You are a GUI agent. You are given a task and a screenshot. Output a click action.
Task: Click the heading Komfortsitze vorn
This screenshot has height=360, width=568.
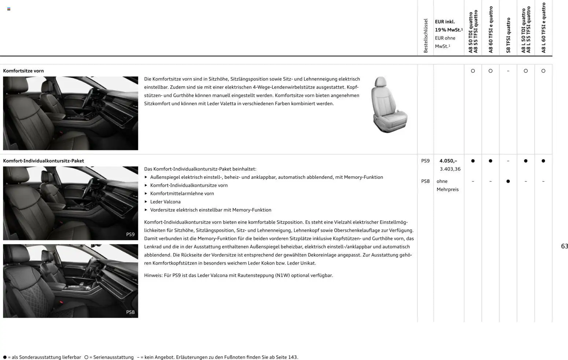pyautogui.click(x=23, y=71)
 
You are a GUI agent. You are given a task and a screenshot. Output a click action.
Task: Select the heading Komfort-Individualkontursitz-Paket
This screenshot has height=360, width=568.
pyautogui.click(x=44, y=161)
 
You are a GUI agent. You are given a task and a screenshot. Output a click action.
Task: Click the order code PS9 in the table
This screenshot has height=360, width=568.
pyautogui.click(x=425, y=161)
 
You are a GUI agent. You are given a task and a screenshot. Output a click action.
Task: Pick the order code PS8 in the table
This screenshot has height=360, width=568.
pyautogui.click(x=425, y=181)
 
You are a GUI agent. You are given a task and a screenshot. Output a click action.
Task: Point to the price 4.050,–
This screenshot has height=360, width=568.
pyautogui.click(x=448, y=161)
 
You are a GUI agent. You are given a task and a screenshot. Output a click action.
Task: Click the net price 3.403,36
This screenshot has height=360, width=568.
pyautogui.click(x=450, y=169)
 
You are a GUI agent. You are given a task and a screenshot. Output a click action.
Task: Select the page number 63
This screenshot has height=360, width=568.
pyautogui.click(x=564, y=246)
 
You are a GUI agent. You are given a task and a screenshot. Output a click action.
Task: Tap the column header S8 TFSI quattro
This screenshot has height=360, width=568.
pyautogui.click(x=508, y=35)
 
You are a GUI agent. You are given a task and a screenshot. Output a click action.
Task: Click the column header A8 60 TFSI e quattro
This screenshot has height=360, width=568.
pyautogui.click(x=491, y=30)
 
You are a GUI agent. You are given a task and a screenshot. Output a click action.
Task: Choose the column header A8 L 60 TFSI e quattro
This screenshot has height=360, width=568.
pyautogui.click(x=543, y=28)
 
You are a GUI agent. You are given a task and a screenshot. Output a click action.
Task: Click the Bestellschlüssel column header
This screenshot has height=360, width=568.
pyautogui.click(x=425, y=36)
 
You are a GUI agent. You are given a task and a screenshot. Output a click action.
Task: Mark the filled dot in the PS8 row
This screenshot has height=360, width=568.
pyautogui.click(x=508, y=181)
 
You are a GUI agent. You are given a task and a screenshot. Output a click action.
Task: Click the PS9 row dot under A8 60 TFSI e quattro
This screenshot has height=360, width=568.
pyautogui.click(x=490, y=161)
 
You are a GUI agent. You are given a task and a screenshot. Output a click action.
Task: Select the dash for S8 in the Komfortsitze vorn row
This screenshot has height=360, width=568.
pyautogui.click(x=508, y=71)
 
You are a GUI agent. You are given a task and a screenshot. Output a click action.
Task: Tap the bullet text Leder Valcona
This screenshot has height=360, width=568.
pyautogui.click(x=165, y=202)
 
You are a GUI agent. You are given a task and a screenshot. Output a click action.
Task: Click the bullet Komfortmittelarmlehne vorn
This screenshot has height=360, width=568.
pyautogui.click(x=182, y=194)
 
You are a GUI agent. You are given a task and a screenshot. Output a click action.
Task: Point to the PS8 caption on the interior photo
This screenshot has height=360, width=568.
pyautogui.click(x=130, y=312)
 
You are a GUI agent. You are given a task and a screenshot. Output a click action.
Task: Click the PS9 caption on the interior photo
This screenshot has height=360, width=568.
pyautogui.click(x=130, y=234)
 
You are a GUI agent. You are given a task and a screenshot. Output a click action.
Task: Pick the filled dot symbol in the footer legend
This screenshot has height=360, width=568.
pyautogui.click(x=5, y=357)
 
